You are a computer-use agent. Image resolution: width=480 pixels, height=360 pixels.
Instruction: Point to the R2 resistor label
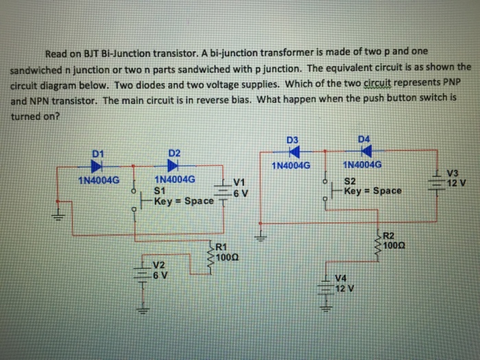[389, 236]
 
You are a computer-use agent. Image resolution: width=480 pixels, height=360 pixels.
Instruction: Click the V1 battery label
[239, 182]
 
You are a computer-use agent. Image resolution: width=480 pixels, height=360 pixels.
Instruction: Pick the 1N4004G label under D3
[291, 165]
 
